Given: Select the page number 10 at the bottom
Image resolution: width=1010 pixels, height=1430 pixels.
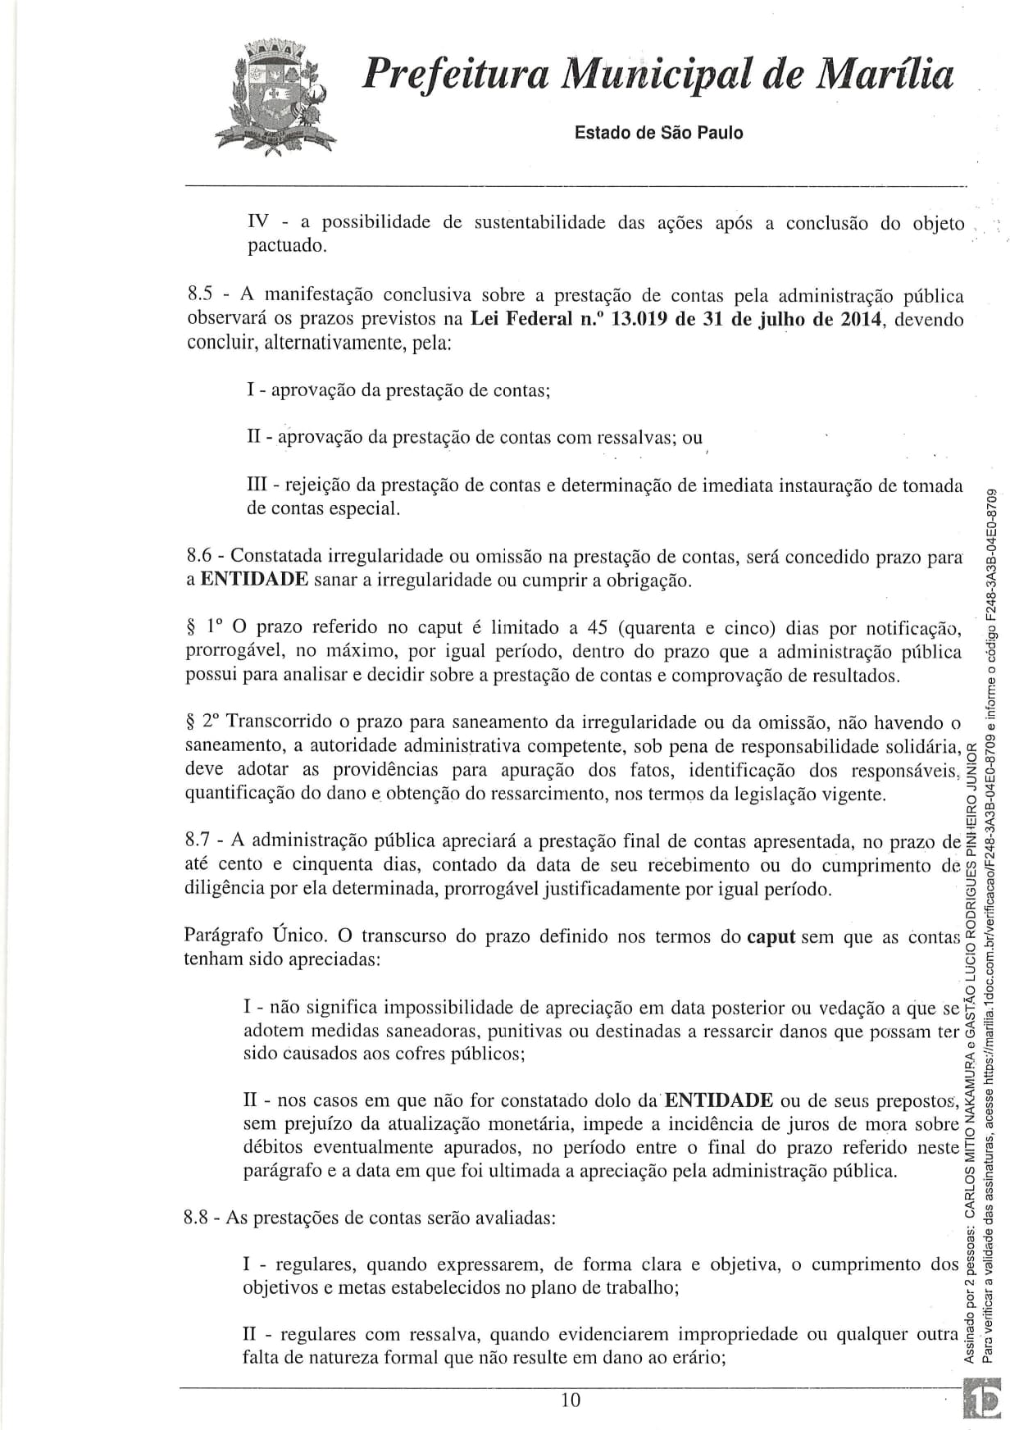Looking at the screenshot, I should [x=571, y=1400].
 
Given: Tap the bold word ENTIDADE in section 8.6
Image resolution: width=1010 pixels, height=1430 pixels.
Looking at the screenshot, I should [x=254, y=581].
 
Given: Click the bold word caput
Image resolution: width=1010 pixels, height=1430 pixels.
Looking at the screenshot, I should [x=771, y=936].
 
